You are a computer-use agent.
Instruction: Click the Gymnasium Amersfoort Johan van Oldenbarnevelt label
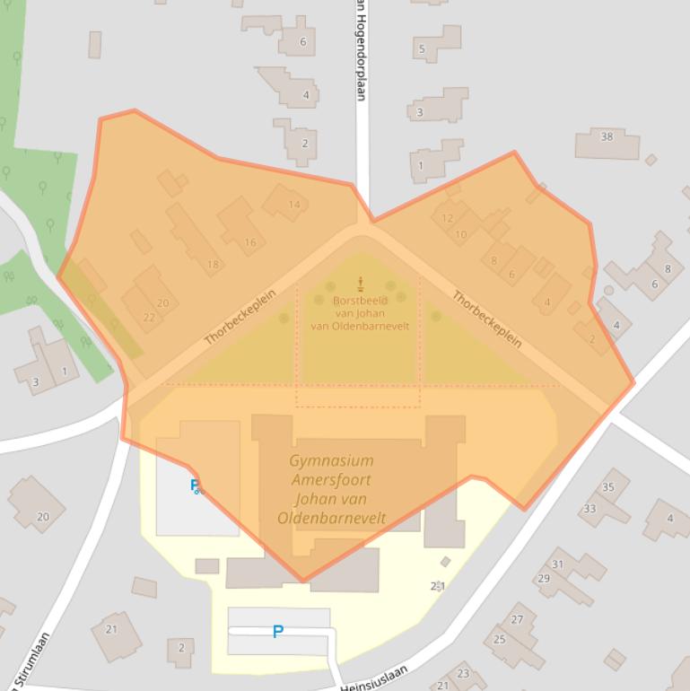coord(332,489)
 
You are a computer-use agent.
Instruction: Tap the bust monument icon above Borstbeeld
coord(361,284)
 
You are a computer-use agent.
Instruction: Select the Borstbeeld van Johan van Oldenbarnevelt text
coord(360,313)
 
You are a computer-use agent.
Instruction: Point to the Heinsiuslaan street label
coord(373,678)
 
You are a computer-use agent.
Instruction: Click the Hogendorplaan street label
coord(361,49)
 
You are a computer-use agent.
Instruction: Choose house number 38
coord(607,136)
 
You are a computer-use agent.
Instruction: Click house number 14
coord(293,205)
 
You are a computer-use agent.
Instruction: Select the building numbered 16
coord(249,242)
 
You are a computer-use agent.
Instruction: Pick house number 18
coord(213,264)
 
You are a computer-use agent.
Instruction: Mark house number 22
coord(149,317)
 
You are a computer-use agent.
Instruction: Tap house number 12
coord(448,217)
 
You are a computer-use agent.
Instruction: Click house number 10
coord(461,235)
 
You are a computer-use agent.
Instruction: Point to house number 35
coord(608,487)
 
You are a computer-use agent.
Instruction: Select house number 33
coord(590,509)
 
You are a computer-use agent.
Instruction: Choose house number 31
coord(557,564)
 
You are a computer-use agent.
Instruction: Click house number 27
coord(517,620)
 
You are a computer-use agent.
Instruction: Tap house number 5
coord(421,48)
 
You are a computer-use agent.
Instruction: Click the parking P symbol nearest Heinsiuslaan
coord(277,632)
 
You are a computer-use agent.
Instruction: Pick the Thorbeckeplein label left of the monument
coord(240,317)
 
